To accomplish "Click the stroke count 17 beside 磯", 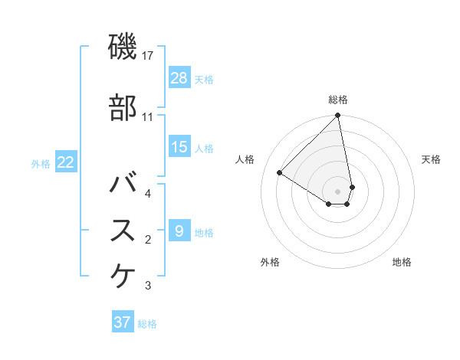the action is [x=149, y=56].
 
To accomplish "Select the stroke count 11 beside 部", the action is [x=148, y=117].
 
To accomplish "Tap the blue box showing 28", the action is [x=179, y=78].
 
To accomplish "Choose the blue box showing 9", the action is [x=179, y=231].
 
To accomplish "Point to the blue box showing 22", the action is [x=65, y=162].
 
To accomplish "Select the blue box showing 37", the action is [x=123, y=322].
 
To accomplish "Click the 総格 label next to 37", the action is [x=147, y=324].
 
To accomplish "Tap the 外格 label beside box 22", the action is [x=40, y=163].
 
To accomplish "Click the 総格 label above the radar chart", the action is [x=338, y=100].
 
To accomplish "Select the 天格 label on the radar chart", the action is [x=431, y=159].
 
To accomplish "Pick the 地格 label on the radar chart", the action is [x=402, y=262].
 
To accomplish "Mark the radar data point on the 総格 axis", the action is [x=338, y=116].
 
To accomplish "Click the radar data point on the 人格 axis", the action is [x=280, y=172].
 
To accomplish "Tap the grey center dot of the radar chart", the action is [x=338, y=191].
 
